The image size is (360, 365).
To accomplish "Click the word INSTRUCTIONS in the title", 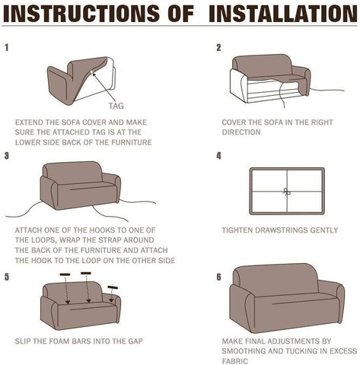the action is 81,13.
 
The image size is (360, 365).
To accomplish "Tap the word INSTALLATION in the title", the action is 283,13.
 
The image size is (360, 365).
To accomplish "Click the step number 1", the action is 7,47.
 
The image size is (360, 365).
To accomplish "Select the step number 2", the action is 218,47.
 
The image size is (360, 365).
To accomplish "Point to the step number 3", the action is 7,156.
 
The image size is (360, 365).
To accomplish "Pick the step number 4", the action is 218,156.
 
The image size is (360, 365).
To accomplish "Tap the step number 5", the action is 7,277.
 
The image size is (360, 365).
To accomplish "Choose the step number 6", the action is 218,277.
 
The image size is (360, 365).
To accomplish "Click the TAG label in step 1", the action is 116,106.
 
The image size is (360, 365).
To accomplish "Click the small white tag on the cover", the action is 91,73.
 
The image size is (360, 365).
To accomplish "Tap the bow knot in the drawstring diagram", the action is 287,192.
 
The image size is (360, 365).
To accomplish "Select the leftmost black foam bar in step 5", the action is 65,275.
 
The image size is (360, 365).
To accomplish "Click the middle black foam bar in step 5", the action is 86,273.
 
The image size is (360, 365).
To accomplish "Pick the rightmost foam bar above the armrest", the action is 113,287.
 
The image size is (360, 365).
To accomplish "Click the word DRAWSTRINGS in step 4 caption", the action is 279,230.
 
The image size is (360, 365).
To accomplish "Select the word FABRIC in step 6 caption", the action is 234,361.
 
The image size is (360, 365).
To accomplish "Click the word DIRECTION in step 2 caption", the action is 241,132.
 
